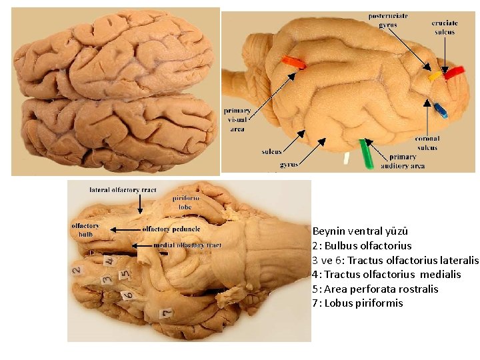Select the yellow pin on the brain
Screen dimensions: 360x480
434,76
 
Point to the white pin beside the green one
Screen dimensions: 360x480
346,159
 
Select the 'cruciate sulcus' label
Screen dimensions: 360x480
444,27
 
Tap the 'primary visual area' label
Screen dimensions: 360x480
237,120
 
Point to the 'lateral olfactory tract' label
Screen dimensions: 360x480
123,190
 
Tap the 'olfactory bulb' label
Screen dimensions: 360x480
85,230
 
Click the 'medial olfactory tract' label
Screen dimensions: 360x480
187,245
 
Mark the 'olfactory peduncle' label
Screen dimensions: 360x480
171,229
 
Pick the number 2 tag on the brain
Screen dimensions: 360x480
77,271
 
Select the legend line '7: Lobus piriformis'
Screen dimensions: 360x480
357,303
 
